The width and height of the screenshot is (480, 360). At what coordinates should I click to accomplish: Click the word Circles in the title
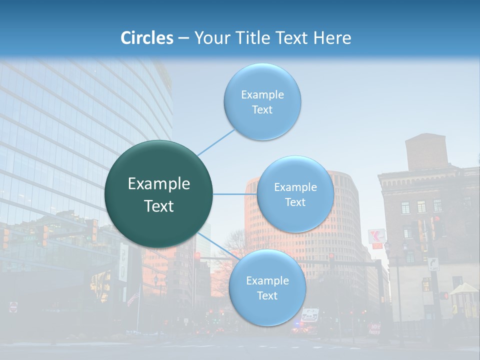click(147, 38)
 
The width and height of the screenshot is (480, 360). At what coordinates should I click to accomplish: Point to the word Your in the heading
click(210, 38)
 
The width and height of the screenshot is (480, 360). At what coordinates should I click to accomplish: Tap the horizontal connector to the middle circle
click(235, 194)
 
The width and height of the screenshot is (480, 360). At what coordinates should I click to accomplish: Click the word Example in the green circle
click(159, 184)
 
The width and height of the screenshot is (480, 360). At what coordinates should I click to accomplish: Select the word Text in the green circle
click(159, 206)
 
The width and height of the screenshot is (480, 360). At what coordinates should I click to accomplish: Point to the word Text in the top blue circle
click(262, 110)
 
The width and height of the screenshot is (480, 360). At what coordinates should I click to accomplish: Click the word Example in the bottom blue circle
click(267, 281)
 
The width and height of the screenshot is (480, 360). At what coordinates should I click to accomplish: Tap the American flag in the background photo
click(133, 298)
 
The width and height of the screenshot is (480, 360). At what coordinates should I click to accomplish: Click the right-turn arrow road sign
click(433, 263)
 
